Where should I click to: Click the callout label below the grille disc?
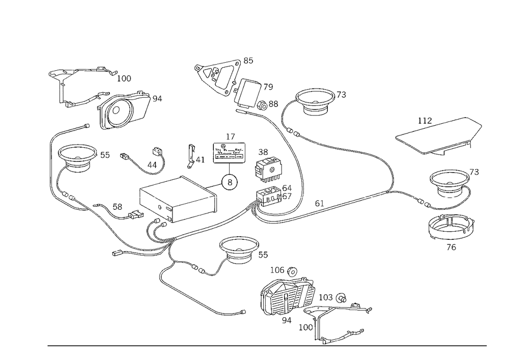click(x=451, y=248)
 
